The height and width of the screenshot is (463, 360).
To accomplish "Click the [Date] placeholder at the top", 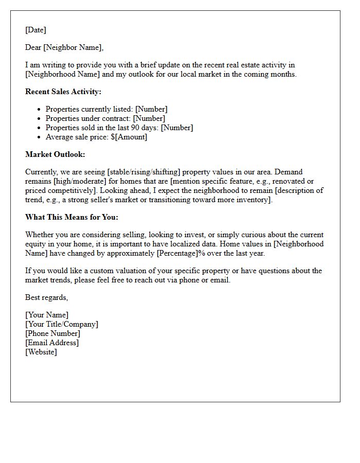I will click(x=35, y=30).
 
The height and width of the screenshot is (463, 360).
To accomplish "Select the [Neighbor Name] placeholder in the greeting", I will click(x=73, y=47).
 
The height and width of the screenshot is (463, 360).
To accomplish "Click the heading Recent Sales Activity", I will click(x=63, y=92).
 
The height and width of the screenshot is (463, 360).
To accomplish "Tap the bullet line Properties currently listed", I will click(x=106, y=109).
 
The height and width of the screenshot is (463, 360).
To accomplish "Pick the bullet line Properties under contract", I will click(x=105, y=118).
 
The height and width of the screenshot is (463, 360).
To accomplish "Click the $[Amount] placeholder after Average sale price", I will click(x=129, y=137).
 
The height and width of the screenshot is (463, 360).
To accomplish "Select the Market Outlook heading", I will click(x=55, y=154).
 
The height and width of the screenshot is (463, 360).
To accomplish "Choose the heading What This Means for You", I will click(x=71, y=217).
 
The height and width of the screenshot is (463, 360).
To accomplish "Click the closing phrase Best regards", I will click(x=46, y=297).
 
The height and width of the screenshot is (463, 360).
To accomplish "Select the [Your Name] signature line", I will click(x=47, y=315).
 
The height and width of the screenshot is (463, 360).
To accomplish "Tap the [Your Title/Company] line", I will click(x=62, y=324).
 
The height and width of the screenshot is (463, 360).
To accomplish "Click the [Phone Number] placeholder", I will click(x=52, y=333).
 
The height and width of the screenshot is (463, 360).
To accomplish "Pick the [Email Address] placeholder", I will click(x=52, y=343).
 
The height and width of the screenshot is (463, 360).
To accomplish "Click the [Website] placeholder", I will click(x=41, y=352).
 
